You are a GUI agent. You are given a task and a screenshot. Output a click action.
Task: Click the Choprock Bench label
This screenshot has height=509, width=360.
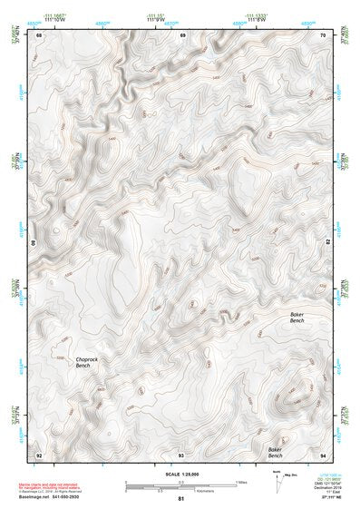73,363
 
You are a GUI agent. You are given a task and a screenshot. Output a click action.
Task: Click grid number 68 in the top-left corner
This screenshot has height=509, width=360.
39,36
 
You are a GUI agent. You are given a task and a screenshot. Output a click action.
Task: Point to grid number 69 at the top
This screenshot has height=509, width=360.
182,36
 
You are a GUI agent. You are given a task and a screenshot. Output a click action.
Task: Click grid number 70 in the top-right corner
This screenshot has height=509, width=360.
324,36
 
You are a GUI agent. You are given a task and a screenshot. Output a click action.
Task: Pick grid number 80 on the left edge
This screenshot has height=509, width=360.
36,245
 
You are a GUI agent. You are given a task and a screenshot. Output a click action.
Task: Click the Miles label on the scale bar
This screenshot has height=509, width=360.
242,482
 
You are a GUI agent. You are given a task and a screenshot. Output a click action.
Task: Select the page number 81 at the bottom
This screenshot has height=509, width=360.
181,499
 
